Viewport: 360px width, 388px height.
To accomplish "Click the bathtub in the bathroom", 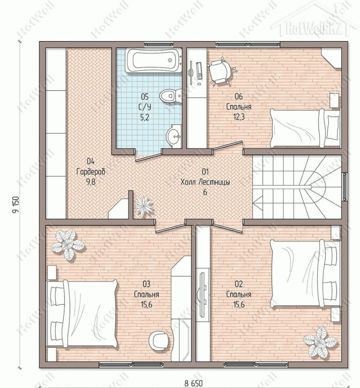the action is (154, 60).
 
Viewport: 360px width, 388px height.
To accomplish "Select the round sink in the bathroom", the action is (174, 136).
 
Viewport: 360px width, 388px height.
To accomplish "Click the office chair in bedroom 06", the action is (221, 70).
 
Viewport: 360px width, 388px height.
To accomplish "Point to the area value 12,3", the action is (239, 117).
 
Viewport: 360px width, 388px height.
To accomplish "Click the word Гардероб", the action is (91, 171).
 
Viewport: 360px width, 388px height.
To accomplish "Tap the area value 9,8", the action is (91, 182).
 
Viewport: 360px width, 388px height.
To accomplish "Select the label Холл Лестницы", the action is (205, 182).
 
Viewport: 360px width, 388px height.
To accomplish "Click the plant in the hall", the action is (143, 206).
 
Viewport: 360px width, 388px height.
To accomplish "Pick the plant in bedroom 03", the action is (67, 244).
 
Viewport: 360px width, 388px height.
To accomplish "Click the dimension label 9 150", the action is (15, 205).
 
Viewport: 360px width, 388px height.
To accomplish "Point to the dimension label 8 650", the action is (193, 383).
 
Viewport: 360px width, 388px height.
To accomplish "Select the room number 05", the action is (145, 96).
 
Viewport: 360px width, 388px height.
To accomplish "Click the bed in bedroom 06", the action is (305, 128).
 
